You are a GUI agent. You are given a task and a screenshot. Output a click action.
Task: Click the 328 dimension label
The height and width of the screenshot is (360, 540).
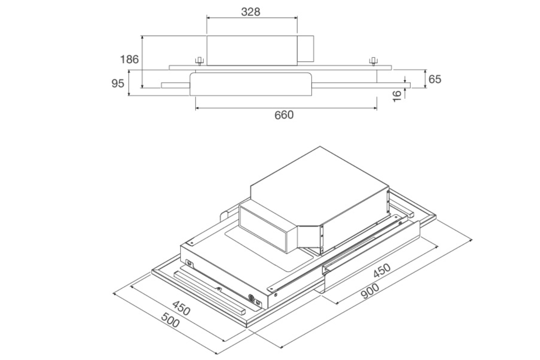click(251, 12)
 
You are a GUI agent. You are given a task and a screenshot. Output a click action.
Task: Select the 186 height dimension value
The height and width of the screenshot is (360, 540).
click(129, 59)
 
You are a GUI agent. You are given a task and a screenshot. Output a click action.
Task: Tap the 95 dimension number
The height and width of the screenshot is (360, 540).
click(118, 84)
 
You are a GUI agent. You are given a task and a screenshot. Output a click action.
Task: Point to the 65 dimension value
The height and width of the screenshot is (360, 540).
click(435, 79)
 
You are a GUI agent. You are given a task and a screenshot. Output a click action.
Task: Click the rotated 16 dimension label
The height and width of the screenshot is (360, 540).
click(397, 96)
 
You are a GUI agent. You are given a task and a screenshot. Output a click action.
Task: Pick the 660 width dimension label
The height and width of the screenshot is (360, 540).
click(284, 115)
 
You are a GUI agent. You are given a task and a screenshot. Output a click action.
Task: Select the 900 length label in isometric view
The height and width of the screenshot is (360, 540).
click(370, 291)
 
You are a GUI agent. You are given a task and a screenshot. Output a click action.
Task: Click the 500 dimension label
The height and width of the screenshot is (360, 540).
click(170, 320)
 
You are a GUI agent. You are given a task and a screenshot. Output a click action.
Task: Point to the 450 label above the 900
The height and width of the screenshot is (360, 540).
click(382, 271)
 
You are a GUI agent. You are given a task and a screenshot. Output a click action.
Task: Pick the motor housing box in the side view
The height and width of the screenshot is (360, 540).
click(252, 50)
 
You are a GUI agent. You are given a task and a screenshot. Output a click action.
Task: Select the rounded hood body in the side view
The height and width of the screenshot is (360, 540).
click(251, 84)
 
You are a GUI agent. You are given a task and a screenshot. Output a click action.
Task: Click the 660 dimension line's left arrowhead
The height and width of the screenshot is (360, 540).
click(197, 108)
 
